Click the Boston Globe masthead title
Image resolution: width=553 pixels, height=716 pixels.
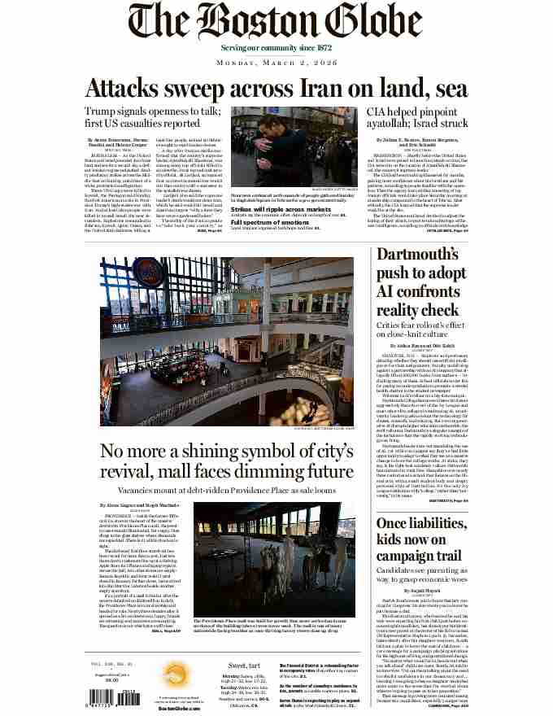click(x=276, y=23)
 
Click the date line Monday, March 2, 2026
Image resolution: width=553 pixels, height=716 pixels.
click(x=276, y=62)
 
